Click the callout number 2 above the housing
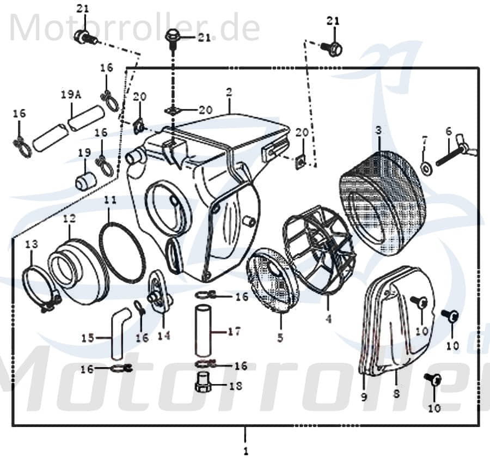coord(229,92)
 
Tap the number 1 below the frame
coord(246,451)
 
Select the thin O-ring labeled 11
coord(122,252)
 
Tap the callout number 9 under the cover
coord(364,397)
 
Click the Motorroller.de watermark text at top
coord(134,27)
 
